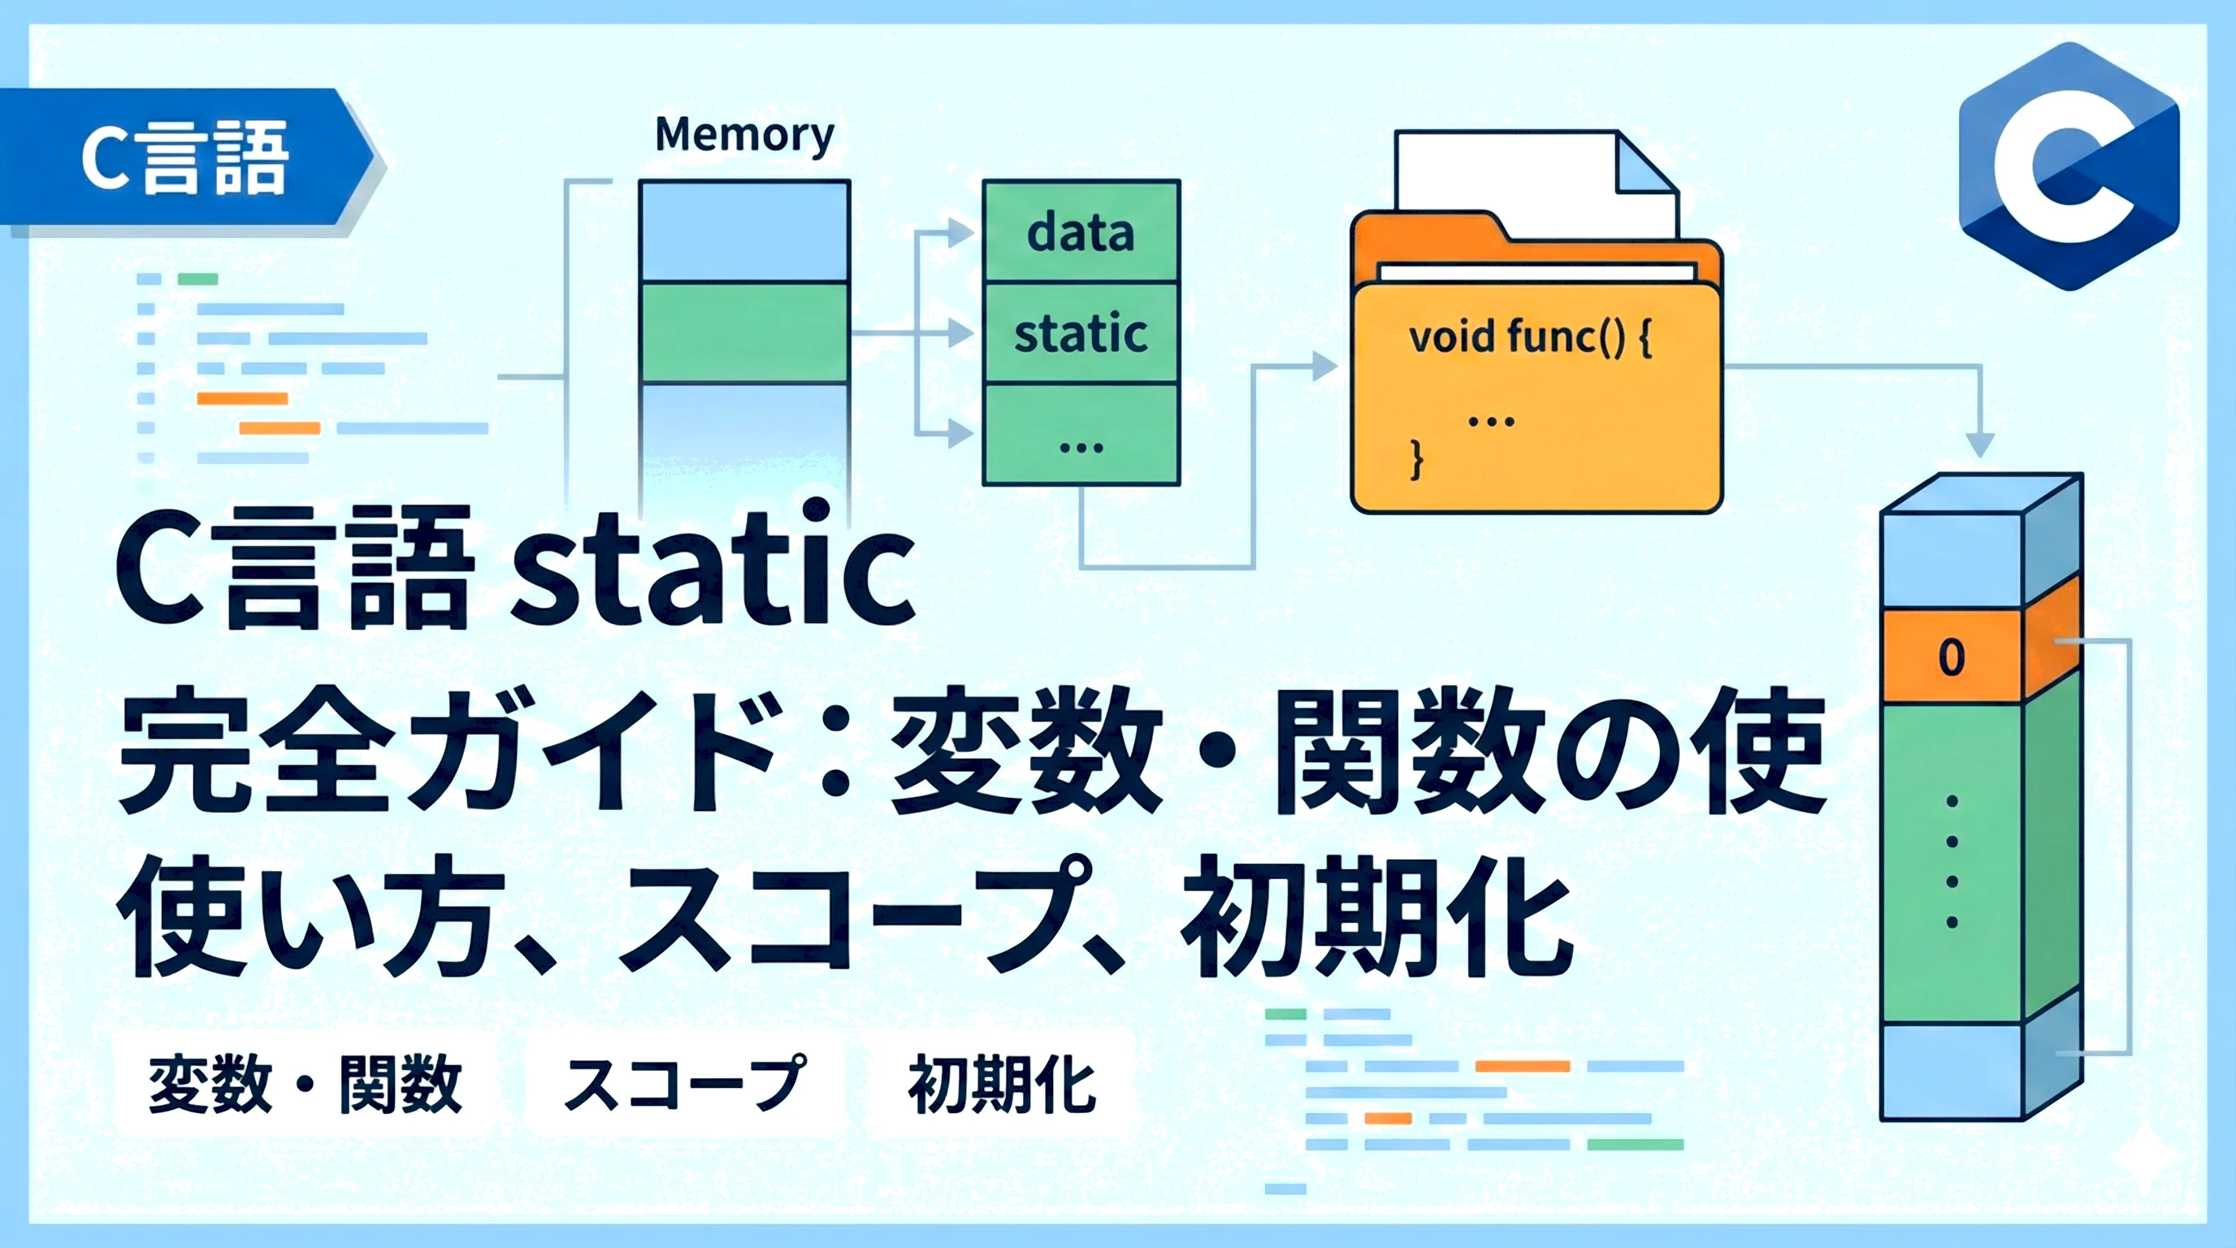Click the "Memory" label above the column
click(x=744, y=135)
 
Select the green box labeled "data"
click(x=1081, y=231)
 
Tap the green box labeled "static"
click(x=1081, y=333)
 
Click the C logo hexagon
click(x=2069, y=166)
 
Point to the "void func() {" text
click(x=1530, y=336)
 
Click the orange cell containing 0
click(x=1952, y=657)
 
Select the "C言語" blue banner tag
click(x=187, y=158)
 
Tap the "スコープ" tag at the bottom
click(x=685, y=1082)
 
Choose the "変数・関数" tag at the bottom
click(x=305, y=1082)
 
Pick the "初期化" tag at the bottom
click(x=1003, y=1082)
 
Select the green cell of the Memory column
click(x=745, y=332)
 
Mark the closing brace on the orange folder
click(x=1417, y=458)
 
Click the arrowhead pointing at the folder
click(x=1324, y=366)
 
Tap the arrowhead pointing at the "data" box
click(x=961, y=232)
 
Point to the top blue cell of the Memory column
click(x=745, y=231)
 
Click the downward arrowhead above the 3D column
click(x=1980, y=444)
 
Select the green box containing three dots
click(x=1081, y=434)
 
